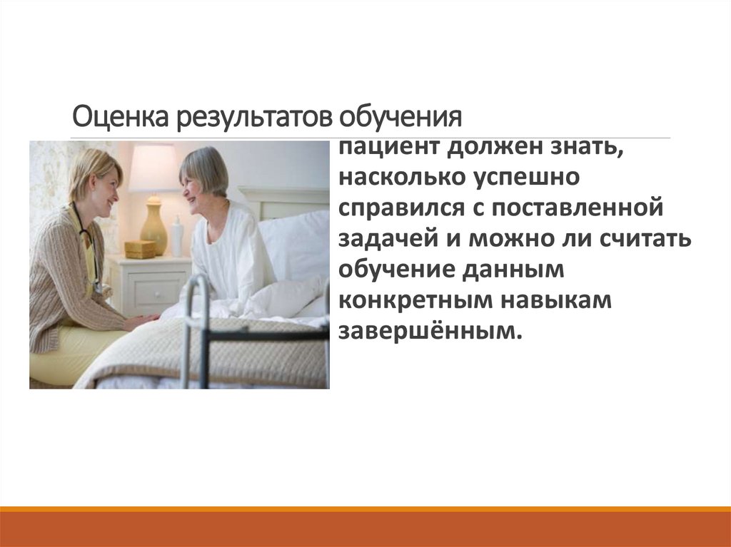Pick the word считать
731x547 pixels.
(646, 240)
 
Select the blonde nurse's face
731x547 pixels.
(104, 185)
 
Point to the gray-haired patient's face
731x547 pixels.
(194, 187)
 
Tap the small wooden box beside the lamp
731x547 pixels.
(140, 249)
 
